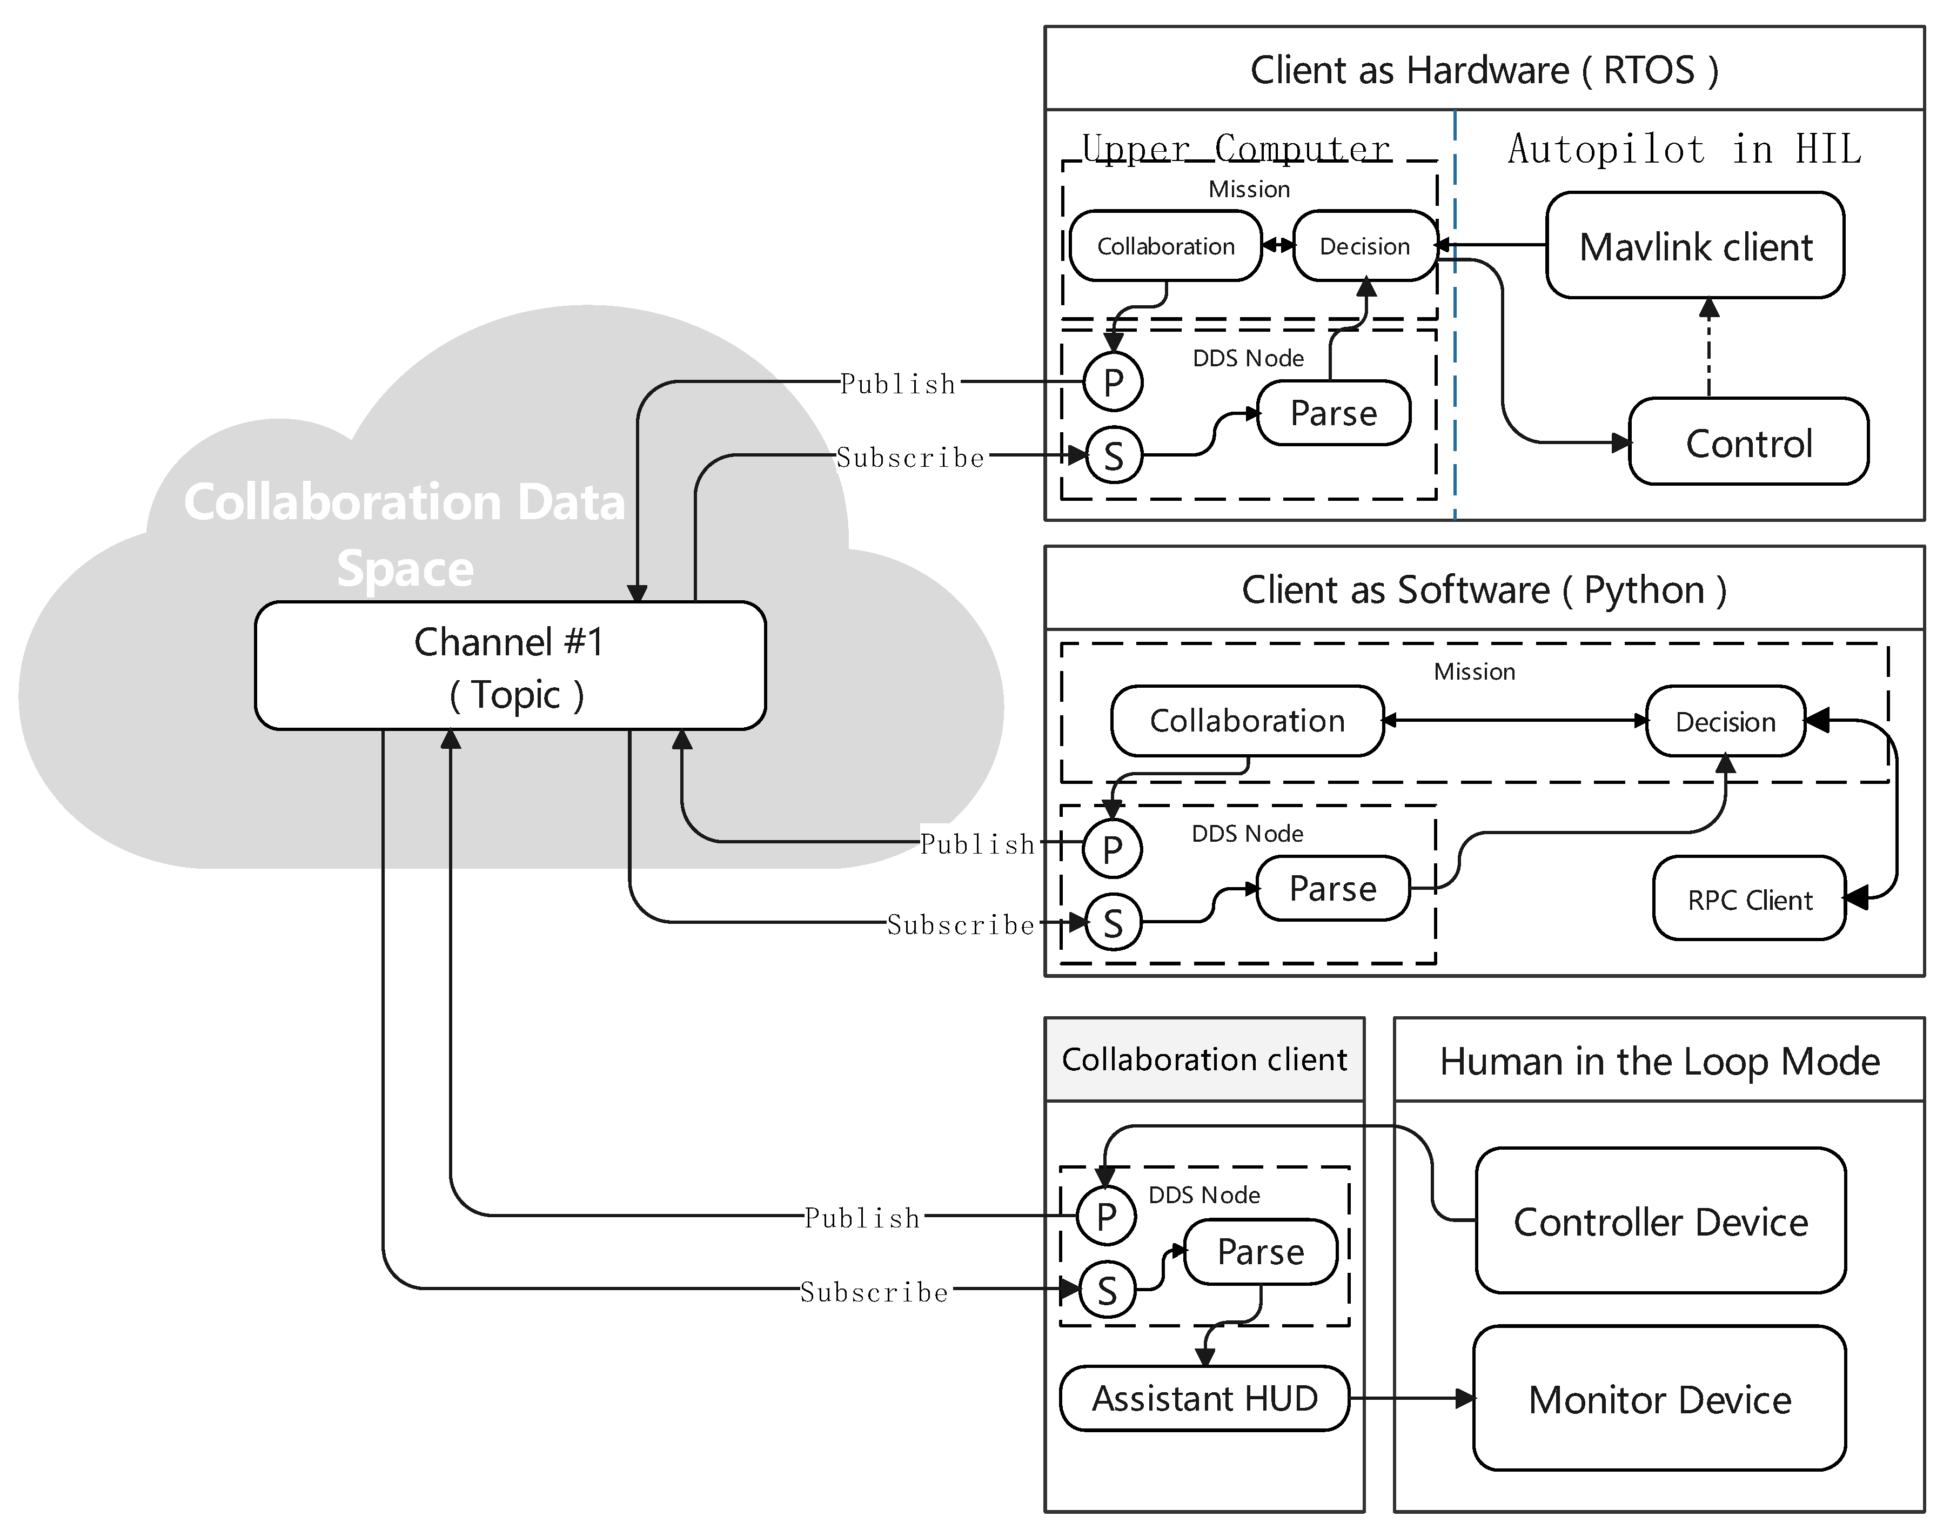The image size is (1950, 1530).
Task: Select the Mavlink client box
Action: pyautogui.click(x=1695, y=245)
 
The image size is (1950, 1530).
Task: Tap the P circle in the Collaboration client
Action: pyautogui.click(x=1106, y=1216)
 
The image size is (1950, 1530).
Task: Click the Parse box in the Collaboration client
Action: pyautogui.click(x=1261, y=1251)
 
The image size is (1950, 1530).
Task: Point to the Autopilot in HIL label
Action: pyautogui.click(x=1684, y=149)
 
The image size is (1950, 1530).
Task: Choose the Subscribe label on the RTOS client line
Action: pyautogui.click(x=910, y=458)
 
